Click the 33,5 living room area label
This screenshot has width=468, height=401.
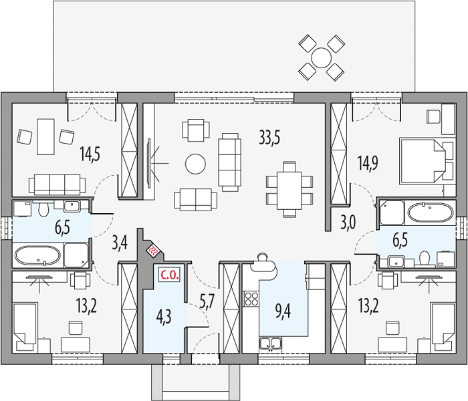[269, 138]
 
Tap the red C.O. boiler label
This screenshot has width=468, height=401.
[170, 275]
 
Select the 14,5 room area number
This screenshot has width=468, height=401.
[90, 154]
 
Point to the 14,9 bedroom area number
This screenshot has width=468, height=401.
[368, 163]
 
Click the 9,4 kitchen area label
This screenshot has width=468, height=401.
[282, 312]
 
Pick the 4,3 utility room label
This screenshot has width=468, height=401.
[164, 317]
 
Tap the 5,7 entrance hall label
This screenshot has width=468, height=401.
[207, 303]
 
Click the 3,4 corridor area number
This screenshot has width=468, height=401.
[120, 243]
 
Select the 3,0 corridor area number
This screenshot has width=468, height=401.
[348, 223]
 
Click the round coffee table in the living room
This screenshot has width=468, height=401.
[195, 164]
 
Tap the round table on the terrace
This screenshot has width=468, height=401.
[321, 57]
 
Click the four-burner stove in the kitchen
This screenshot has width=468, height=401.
[251, 299]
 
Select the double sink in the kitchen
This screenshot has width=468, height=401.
[270, 343]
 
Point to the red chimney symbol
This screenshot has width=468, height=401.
[154, 251]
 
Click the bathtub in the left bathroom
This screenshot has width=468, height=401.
[37, 255]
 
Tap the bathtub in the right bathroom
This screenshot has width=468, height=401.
[431, 213]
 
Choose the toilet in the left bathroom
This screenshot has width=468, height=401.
[43, 209]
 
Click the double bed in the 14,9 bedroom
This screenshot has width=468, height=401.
[423, 160]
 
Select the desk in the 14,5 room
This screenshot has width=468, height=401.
[45, 136]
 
